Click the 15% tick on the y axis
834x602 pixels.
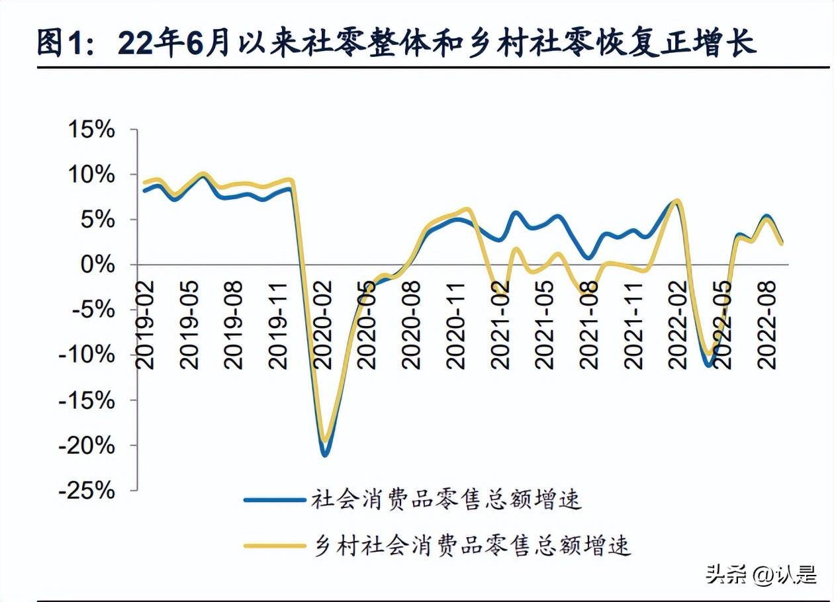click(92, 130)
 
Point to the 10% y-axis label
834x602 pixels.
click(92, 175)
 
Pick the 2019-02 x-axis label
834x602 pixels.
click(145, 323)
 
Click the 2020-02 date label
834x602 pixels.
click(324, 323)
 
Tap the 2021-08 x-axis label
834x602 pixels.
click(590, 323)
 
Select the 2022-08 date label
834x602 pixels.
click(768, 323)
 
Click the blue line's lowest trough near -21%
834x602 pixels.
click(325, 454)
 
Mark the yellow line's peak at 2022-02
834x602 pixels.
click(676, 200)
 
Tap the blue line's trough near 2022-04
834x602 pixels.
click(710, 365)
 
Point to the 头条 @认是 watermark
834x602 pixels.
click(761, 574)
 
